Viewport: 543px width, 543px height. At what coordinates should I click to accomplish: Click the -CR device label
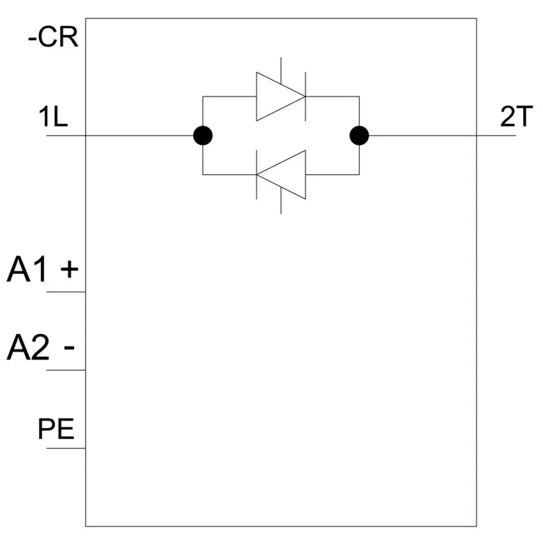point(53,37)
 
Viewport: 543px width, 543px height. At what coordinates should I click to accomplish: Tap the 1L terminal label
point(53,116)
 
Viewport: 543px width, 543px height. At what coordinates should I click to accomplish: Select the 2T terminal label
point(516,116)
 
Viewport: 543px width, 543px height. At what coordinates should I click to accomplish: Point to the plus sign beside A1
point(69,269)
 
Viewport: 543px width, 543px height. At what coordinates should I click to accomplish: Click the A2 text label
point(28,348)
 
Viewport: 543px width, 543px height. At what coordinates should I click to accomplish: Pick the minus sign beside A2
point(69,348)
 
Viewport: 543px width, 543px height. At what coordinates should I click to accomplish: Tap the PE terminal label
point(56,429)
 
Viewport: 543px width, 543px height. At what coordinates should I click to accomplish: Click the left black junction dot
point(203,135)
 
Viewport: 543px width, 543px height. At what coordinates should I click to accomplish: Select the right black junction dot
point(359,135)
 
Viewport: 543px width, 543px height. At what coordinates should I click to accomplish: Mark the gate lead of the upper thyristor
point(281,71)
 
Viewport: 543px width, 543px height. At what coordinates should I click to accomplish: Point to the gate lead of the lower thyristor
point(281,201)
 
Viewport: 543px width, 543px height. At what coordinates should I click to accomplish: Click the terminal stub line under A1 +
point(66,292)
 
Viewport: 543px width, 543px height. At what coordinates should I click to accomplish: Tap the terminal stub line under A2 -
point(66,370)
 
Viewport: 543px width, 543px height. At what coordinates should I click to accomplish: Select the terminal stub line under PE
point(66,448)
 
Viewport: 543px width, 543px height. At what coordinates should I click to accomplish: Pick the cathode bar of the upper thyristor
point(305,96)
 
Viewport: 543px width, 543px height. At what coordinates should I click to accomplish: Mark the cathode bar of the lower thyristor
point(256,174)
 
